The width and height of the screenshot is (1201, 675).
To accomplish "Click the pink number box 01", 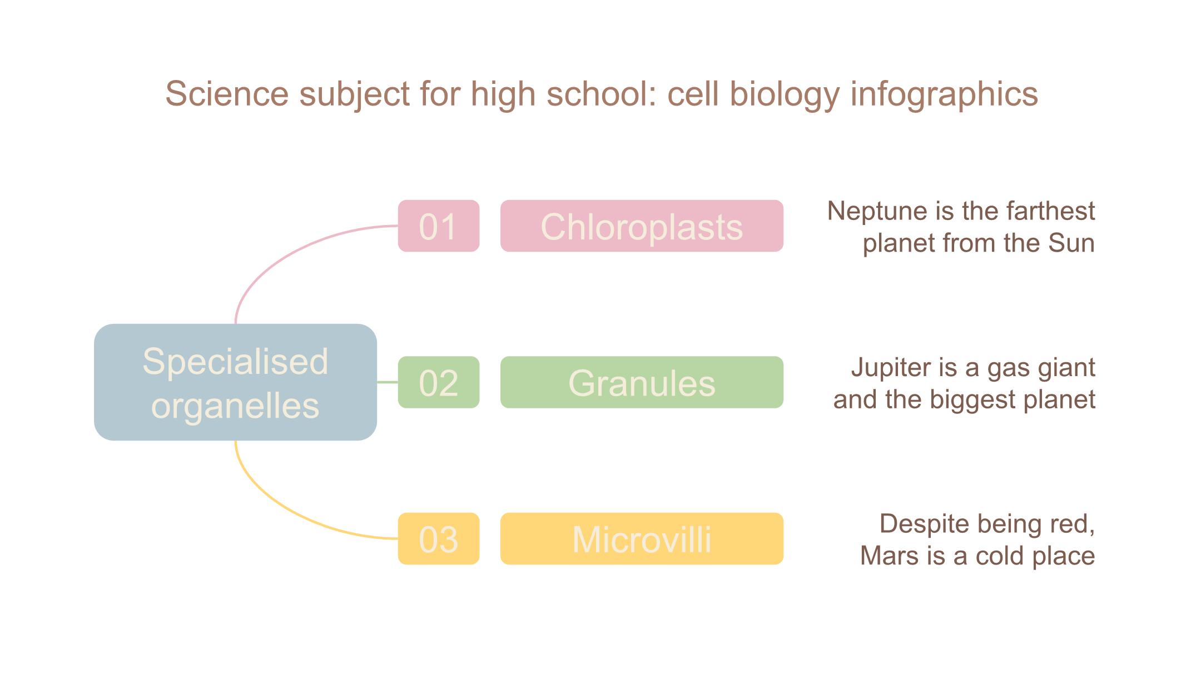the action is [x=439, y=226].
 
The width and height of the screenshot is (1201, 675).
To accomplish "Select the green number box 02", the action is [x=439, y=382].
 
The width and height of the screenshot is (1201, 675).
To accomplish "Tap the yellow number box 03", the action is [x=439, y=539].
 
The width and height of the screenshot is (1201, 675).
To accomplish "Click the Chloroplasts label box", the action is [x=642, y=226].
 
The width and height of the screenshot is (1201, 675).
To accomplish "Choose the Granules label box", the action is [x=642, y=382].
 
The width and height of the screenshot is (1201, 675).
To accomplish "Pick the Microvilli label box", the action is [x=642, y=539].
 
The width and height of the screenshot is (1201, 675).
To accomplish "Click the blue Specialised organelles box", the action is [x=235, y=382].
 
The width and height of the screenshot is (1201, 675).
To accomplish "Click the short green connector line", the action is [x=388, y=382].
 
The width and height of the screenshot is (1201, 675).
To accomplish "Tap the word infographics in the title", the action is [x=944, y=94].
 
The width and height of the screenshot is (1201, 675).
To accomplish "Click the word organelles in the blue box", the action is [x=235, y=406].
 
